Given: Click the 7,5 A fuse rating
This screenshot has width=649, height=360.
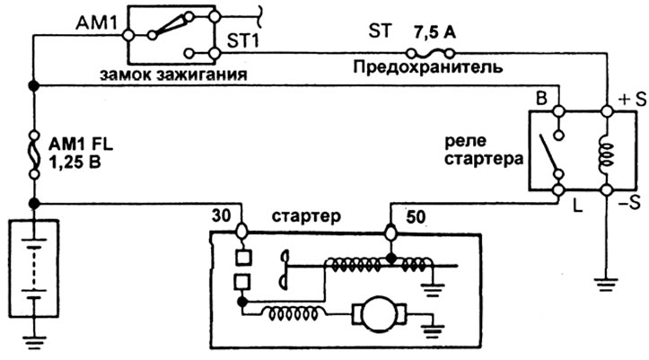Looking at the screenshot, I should (434, 31).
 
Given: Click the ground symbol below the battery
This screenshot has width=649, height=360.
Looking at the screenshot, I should (34, 340).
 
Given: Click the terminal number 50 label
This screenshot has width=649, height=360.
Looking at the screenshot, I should (415, 216).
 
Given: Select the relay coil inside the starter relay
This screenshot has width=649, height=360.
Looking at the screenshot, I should (604, 152).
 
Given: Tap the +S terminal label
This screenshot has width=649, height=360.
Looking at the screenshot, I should (625, 100).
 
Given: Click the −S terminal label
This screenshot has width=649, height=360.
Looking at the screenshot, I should (626, 202).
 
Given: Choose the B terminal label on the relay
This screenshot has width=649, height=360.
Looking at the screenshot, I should (541, 97).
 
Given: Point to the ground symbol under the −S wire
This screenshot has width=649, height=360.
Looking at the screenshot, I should (604, 284).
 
